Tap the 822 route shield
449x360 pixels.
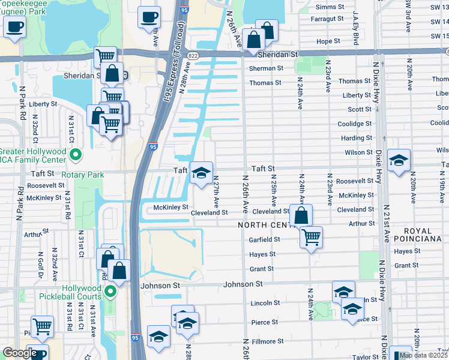click(191, 55)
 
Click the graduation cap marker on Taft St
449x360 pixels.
click(201, 173)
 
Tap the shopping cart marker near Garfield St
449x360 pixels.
click(310, 237)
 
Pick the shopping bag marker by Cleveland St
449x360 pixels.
click(301, 215)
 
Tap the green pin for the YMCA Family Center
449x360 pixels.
click(75, 156)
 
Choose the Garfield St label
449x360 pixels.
click(264, 239)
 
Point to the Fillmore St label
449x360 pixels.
click(267, 341)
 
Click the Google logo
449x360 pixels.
click(20, 353)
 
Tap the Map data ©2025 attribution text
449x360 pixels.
click(423, 355)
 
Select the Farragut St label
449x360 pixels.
click(325, 19)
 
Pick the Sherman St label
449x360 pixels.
click(266, 68)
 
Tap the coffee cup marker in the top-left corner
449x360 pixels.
click(14, 27)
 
